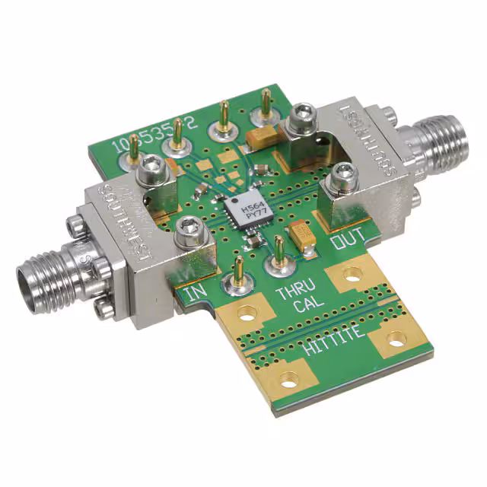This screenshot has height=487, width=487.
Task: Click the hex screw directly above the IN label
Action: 187,234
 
